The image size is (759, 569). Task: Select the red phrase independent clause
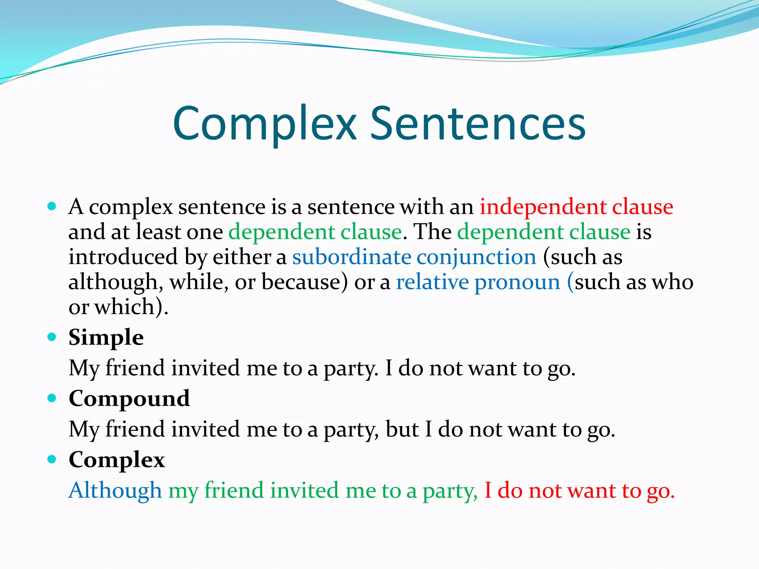[x=576, y=207]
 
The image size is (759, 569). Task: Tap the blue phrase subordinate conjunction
[x=414, y=257]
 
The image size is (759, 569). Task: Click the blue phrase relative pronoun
[x=478, y=282]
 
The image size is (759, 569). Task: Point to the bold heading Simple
[x=106, y=337]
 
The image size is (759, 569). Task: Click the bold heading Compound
[x=129, y=399]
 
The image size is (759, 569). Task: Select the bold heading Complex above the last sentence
[x=117, y=460]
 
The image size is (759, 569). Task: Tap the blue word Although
[x=115, y=490]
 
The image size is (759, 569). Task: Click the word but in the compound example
[x=402, y=429]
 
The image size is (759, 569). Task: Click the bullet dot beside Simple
[x=52, y=337]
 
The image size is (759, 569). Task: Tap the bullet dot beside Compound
[x=52, y=398]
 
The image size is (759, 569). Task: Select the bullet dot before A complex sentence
[x=52, y=206]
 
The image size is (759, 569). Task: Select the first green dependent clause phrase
[x=315, y=232]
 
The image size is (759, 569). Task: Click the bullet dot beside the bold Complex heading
[x=52, y=459]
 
